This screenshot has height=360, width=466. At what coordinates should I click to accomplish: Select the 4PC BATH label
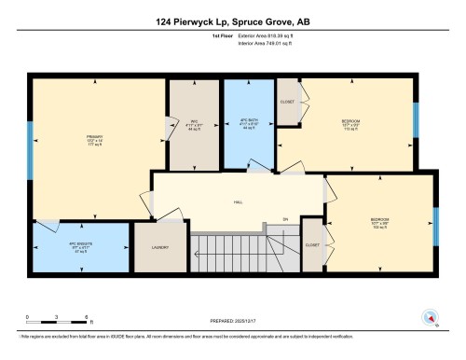248,121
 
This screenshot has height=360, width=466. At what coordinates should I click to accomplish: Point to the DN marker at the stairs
286,220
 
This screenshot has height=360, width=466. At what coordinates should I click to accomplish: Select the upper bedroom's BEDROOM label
349,122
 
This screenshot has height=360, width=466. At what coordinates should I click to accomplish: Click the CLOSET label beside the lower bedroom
312,244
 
